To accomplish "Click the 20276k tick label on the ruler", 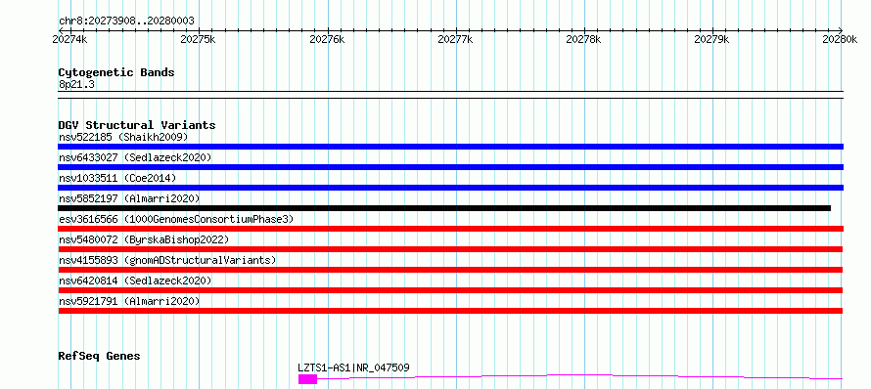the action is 327,39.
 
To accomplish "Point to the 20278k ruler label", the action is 584,39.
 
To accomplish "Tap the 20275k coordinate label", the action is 199,39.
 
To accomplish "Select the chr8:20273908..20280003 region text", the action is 126,22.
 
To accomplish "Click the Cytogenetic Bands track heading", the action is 116,72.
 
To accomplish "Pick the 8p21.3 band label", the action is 76,85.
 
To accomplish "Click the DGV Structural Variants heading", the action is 137,125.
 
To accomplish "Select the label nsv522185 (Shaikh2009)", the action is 123,137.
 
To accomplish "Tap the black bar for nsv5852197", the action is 444,208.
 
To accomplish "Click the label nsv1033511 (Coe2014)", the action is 117,178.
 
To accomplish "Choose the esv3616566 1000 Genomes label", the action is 176,219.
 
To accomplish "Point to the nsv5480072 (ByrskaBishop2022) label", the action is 144,239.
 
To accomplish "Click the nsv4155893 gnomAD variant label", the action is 167,260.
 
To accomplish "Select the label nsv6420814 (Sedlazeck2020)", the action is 135,281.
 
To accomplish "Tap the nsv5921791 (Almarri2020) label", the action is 129,301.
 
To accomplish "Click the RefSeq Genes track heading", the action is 100,356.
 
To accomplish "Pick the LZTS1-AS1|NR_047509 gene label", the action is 354,367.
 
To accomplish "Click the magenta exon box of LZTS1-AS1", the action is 307,379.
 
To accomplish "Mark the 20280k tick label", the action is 840,39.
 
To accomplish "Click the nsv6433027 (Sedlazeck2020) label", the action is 135,157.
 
